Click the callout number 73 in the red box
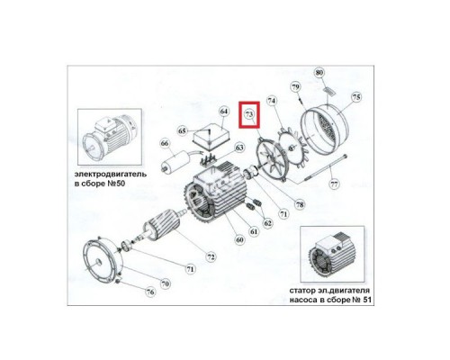[x=249, y=116]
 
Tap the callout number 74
[x=271, y=103]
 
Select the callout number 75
[x=355, y=97]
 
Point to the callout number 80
[x=317, y=72]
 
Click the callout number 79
[x=293, y=86]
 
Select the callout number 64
[x=224, y=112]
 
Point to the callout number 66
[x=165, y=143]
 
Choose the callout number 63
[x=239, y=148]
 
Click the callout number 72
[x=211, y=257]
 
